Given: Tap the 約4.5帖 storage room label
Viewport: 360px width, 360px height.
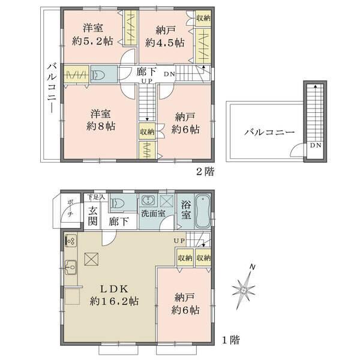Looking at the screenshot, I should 162,42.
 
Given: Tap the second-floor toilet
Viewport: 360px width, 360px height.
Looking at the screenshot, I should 98,76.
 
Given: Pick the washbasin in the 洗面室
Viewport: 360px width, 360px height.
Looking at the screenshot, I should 148,202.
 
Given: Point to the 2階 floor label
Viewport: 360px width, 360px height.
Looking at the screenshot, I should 204,171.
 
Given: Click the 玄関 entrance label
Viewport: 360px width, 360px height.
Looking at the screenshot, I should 93,215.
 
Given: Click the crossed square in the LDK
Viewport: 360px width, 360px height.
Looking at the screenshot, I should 91,259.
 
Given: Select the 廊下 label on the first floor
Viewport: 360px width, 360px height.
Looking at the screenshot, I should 118,221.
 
